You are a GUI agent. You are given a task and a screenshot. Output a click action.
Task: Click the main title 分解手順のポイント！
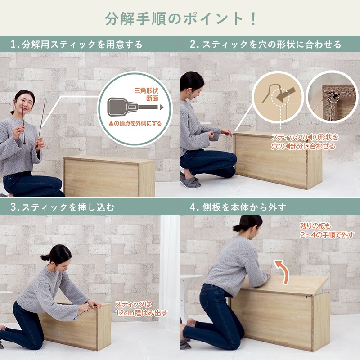[180, 18]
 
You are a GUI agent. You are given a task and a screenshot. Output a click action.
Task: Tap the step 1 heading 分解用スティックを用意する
[76, 44]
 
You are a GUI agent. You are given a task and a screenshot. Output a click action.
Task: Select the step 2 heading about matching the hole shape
[265, 44]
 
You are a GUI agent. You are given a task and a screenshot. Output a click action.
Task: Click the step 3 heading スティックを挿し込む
[63, 207]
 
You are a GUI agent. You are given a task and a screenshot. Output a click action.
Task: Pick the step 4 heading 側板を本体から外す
[238, 207]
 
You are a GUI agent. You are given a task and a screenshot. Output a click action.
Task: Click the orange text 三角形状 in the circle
[146, 90]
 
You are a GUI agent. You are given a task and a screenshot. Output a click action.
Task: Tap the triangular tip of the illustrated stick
[162, 107]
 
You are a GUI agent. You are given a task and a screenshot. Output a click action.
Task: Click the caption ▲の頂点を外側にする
[135, 123]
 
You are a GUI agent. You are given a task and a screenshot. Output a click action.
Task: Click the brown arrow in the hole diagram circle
[286, 94]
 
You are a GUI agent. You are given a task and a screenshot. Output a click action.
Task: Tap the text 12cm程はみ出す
[141, 313]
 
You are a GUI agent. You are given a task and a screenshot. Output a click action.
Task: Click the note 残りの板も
[315, 226]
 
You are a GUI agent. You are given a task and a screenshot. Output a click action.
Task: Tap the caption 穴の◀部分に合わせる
[303, 146]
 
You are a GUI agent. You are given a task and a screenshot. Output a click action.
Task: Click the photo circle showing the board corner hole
[332, 96]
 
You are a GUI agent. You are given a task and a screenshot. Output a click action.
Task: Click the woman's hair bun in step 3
[45, 257]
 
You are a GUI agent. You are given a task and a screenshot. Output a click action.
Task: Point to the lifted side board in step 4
[285, 285]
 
